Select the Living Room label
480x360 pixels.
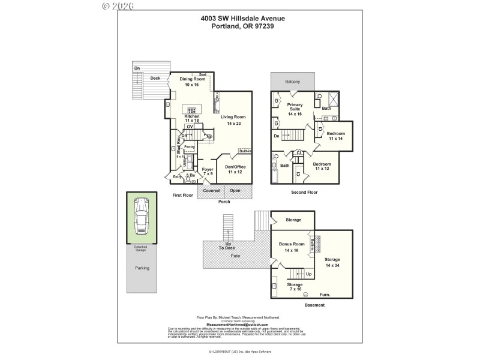click(x=233, y=117)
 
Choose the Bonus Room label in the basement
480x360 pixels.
click(x=292, y=244)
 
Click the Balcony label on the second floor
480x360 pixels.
click(x=293, y=81)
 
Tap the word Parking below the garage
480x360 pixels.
click(x=142, y=268)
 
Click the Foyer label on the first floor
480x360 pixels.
click(x=208, y=170)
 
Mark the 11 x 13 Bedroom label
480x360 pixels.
click(x=322, y=164)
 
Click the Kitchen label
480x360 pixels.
click(x=192, y=116)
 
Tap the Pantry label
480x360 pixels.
click(x=190, y=146)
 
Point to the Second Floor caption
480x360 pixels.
click(x=304, y=193)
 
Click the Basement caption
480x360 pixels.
click(x=314, y=305)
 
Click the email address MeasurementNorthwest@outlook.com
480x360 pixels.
click(x=238, y=325)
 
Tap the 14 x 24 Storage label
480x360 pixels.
click(x=332, y=260)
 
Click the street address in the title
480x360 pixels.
click(x=242, y=19)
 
